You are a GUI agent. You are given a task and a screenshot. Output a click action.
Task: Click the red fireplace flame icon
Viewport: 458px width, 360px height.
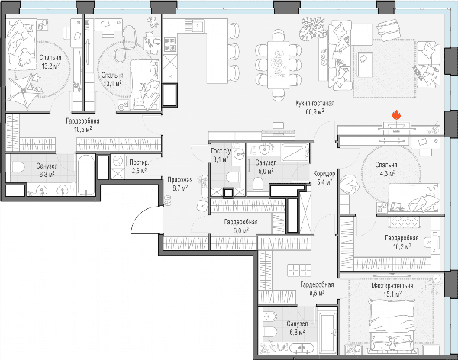click(396, 114)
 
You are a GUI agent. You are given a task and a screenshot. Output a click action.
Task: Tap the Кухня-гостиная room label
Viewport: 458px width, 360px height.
click(314, 104)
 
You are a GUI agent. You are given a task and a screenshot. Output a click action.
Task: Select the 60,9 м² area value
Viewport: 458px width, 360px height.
click(314, 111)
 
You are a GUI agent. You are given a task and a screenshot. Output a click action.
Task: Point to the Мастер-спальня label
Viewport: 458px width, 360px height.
click(392, 286)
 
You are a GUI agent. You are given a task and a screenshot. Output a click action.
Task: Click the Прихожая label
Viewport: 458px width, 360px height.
click(180, 180)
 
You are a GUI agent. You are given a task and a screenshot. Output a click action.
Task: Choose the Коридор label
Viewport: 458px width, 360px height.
click(324, 174)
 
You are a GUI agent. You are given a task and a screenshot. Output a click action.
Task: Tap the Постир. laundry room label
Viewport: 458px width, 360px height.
click(139, 162)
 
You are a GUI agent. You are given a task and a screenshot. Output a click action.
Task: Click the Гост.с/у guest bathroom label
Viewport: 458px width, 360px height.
click(221, 151)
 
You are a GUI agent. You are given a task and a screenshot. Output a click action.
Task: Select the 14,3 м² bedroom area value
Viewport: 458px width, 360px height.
click(385, 173)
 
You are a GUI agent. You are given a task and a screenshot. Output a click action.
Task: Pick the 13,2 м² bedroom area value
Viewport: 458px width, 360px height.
click(50, 66)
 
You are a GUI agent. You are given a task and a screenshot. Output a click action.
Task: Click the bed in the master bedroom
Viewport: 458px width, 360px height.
click(392, 325)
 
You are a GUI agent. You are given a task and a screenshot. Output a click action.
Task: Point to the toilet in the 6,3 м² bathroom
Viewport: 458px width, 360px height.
click(18, 168)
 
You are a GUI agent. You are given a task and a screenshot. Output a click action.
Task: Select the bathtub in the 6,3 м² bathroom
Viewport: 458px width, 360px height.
click(86, 175)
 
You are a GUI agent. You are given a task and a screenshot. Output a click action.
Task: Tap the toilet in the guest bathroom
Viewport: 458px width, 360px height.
click(233, 177)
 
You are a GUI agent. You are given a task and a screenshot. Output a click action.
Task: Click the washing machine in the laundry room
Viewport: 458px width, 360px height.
click(118, 161)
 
